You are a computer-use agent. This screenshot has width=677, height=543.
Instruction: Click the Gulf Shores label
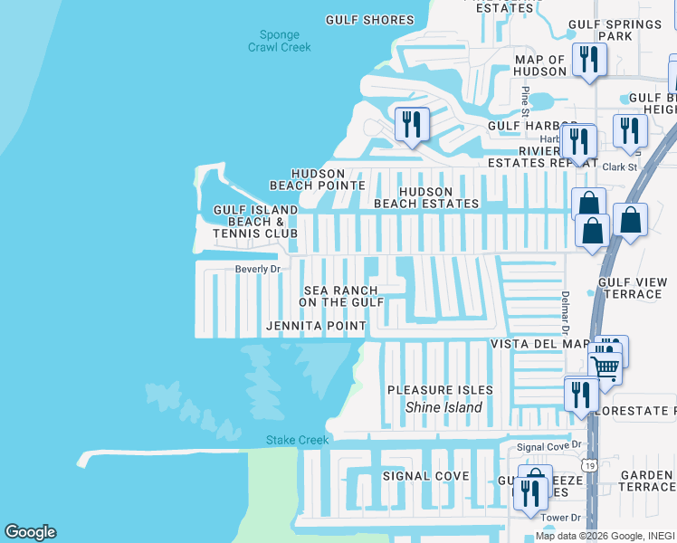[369, 20]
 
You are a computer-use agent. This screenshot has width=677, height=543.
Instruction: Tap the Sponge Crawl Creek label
[279, 42]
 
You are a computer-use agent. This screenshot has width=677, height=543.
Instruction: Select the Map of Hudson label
[539, 66]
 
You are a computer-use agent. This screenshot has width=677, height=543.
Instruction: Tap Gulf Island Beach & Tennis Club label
[255, 222]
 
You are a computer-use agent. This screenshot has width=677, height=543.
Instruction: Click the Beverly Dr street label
[259, 269]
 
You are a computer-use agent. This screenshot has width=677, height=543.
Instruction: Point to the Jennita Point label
[316, 326]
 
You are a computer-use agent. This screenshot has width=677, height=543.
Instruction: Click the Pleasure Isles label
[440, 390]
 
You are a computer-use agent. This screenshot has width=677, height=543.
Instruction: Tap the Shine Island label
[443, 407]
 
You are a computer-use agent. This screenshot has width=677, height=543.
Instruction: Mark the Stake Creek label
[297, 441]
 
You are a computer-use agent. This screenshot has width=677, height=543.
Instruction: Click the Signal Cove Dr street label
[548, 447]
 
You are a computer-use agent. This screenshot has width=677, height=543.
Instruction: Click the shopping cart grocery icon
[605, 367]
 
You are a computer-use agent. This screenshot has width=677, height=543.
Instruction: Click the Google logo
[30, 532]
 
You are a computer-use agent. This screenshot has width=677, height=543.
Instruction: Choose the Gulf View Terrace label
[630, 288]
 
